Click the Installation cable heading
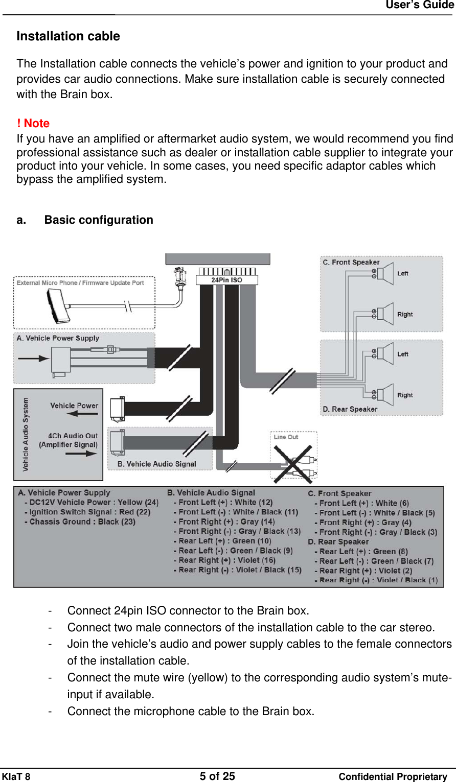[x=68, y=36]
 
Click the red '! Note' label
[x=33, y=124]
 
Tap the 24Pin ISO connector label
[x=226, y=280]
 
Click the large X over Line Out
[x=292, y=464]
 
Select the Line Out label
[x=286, y=437]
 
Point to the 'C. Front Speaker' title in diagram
[x=351, y=262]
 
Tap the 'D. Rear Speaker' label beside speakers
[x=350, y=409]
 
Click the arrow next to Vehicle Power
[x=82, y=414]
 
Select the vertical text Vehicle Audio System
[x=26, y=434]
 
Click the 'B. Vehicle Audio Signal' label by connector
[x=157, y=464]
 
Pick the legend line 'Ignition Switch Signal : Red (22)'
[x=89, y=512]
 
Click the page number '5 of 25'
[x=217, y=776]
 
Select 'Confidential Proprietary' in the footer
[x=393, y=777]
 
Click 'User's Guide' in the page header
[x=419, y=5]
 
